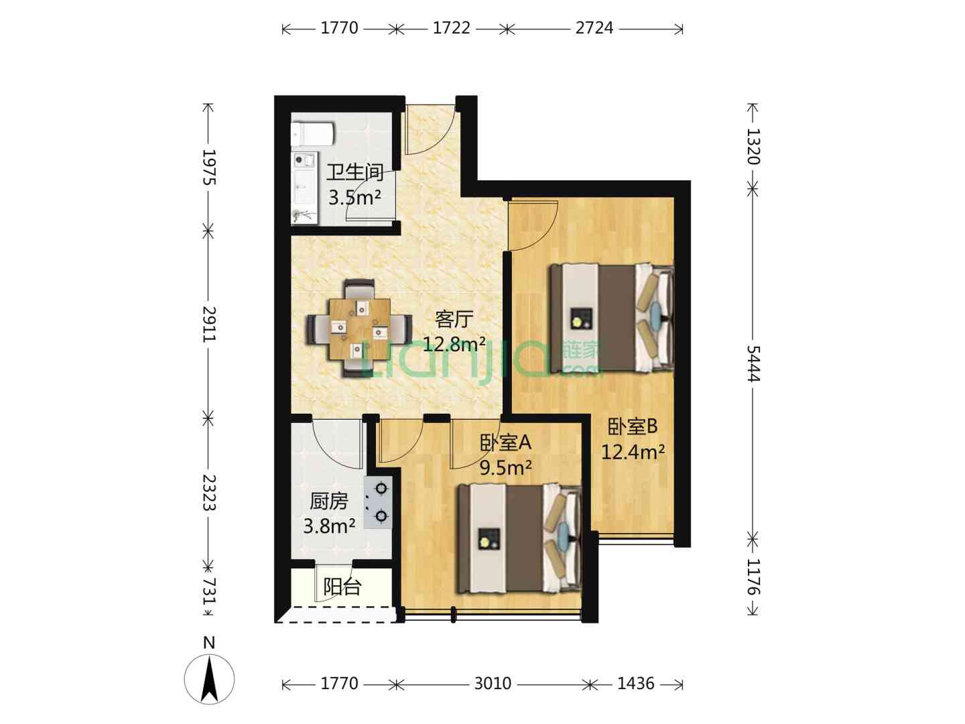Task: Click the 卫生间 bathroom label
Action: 355,173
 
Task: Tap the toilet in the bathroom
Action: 312,134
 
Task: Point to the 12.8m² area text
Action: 454,344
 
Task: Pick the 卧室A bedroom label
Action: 505,443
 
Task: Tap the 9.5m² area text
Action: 505,468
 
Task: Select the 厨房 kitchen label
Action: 329,501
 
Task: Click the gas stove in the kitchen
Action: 378,503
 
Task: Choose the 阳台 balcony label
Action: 342,587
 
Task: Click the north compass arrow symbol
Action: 209,679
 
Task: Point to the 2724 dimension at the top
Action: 594,28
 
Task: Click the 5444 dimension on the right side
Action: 753,363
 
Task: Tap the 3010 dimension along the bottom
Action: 493,684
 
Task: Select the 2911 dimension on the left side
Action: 209,324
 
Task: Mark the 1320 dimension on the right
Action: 753,146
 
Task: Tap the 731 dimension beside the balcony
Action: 209,591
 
